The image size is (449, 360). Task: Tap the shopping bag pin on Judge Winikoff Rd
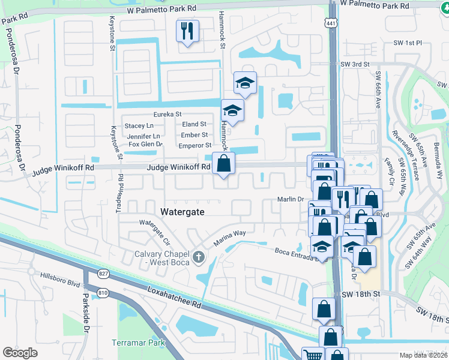coord(223,163)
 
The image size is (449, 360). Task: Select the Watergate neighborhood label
coord(183,212)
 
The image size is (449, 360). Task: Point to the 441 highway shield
coord(331,23)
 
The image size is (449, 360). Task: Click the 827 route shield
coord(104,274)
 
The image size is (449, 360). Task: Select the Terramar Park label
coord(138,344)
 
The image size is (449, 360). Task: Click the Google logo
coord(20,352)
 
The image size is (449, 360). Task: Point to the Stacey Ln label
coord(139,125)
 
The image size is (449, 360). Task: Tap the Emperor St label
coord(195,145)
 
